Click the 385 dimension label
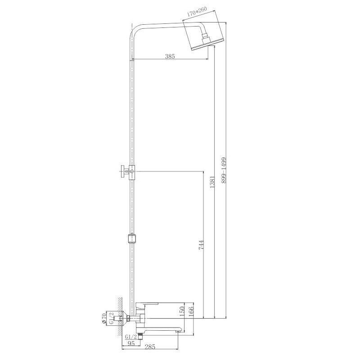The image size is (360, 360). pyautogui.click(x=170, y=56)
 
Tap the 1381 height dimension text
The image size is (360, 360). pyautogui.click(x=212, y=183)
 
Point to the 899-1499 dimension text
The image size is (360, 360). pyautogui.click(x=224, y=170)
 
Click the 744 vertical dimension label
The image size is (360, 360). pyautogui.click(x=201, y=245)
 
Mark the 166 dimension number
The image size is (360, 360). pyautogui.click(x=191, y=310)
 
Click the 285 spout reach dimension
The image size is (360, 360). pyautogui.click(x=150, y=346)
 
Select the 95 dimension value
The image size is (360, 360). pyautogui.click(x=131, y=344)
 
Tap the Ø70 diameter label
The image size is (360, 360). pyautogui.click(x=104, y=319)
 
